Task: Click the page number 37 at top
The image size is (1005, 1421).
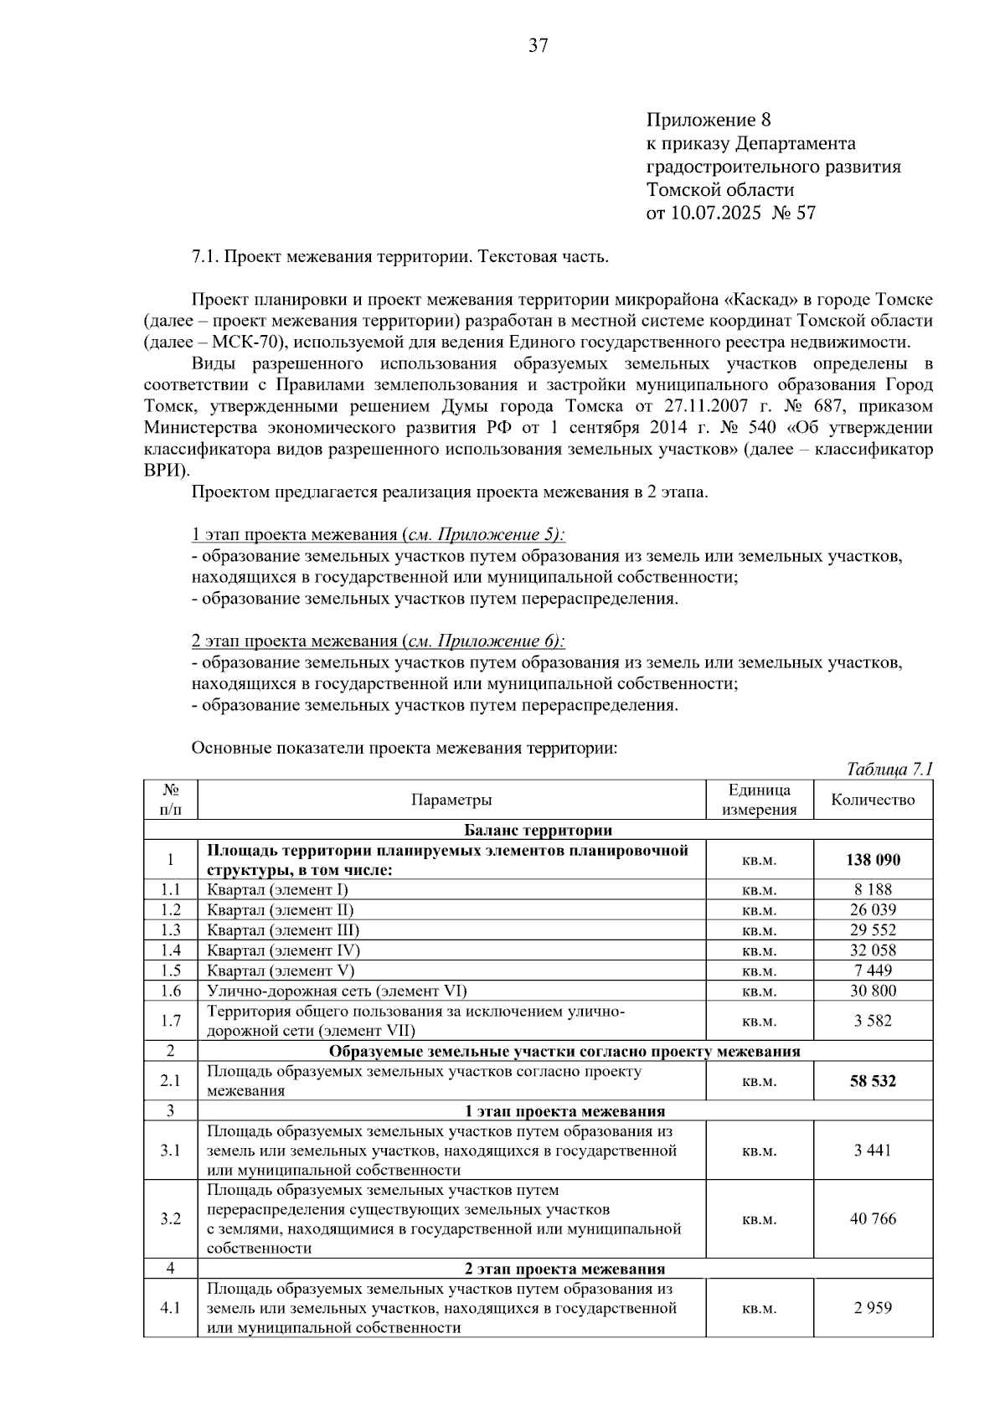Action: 538,46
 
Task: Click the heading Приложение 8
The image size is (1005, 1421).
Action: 708,120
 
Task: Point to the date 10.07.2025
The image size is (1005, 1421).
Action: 716,213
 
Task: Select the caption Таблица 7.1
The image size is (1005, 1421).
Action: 889,769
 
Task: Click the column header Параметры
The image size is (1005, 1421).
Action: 451,800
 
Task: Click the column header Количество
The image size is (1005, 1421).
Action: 873,800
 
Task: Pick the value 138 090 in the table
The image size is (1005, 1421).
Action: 873,860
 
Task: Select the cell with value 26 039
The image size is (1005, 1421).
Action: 873,910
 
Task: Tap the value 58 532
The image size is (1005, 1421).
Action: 873,1081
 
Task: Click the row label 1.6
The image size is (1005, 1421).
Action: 171,991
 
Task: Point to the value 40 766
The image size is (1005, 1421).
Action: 873,1219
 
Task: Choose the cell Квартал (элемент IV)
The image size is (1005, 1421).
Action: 283,950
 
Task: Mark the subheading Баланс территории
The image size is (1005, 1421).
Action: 538,831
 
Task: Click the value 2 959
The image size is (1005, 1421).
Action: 873,1308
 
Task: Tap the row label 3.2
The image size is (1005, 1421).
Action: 171,1219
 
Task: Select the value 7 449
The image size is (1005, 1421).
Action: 873,971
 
